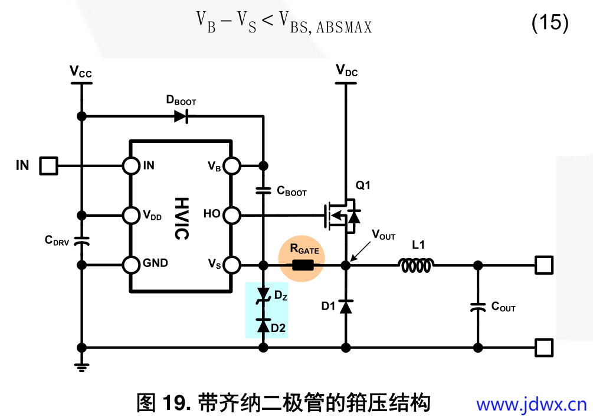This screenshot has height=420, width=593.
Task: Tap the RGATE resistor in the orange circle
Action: click(304, 266)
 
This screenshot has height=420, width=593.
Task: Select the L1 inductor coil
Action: click(418, 266)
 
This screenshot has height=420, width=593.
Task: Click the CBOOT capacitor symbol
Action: click(264, 191)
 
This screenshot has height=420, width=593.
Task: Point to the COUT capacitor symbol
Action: click(477, 308)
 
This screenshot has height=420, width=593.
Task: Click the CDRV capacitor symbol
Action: click(82, 240)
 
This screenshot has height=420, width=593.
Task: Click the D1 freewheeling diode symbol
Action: click(346, 306)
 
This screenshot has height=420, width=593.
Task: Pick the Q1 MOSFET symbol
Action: click(342, 215)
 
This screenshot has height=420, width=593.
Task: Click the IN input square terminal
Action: click(48, 165)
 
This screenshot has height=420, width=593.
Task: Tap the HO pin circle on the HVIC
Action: click(232, 215)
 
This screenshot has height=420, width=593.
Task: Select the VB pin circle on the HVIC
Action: click(232, 166)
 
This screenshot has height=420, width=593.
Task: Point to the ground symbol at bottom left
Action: click(82, 366)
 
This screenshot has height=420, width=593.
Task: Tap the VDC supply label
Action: click(346, 71)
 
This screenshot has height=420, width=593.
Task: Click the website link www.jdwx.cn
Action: click(531, 405)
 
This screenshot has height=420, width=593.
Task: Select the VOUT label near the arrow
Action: click(384, 235)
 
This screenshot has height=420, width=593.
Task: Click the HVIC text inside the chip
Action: click(181, 218)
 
